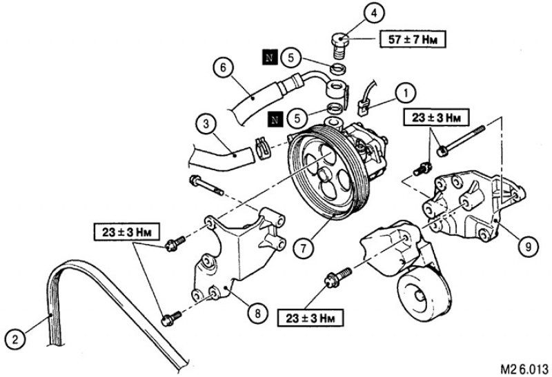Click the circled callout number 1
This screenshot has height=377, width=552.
pyautogui.click(x=406, y=94)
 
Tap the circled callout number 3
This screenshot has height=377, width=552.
pyautogui.click(x=206, y=124)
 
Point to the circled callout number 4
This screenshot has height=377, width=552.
pyautogui.click(x=374, y=13)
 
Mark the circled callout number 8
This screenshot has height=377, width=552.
pyautogui.click(x=257, y=314)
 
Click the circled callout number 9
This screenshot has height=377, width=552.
pyautogui.click(x=528, y=247)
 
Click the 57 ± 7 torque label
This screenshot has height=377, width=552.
pyautogui.click(x=413, y=39)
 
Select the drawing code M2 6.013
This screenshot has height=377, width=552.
pyautogui.click(x=524, y=369)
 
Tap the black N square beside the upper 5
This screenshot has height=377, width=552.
pyautogui.click(x=269, y=58)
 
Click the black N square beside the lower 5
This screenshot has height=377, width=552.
pyautogui.click(x=275, y=119)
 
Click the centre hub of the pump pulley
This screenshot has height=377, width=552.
pyautogui.click(x=325, y=175)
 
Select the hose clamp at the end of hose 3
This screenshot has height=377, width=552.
pyautogui.click(x=262, y=147)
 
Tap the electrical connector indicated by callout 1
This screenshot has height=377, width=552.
pyautogui.click(x=362, y=108)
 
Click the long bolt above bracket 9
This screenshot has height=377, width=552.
pyautogui.click(x=462, y=141)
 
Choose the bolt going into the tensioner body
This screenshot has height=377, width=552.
pyautogui.click(x=338, y=278)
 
